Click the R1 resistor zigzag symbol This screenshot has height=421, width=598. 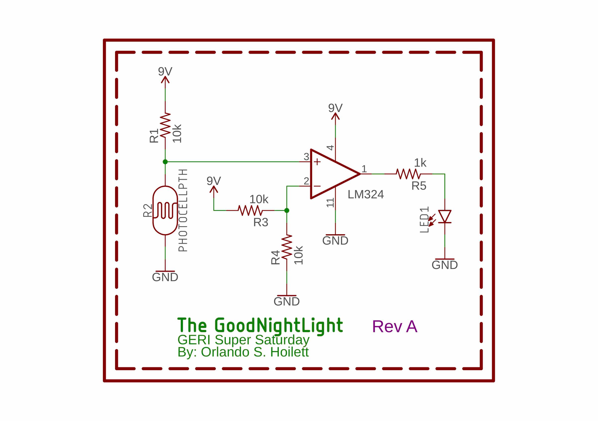click(165, 125)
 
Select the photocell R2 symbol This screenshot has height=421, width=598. click(165, 210)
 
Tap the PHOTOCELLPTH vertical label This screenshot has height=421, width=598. click(183, 210)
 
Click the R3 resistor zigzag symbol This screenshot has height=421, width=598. click(250, 210)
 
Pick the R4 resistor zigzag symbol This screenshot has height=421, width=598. click(287, 247)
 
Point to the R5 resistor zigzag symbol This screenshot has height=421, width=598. click(408, 174)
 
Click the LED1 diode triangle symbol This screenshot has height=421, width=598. click(445, 216)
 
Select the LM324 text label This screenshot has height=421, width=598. click(366, 195)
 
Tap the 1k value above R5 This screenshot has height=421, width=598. click(420, 163)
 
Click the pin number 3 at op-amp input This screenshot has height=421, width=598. click(306, 157)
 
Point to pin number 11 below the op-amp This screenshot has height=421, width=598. click(330, 203)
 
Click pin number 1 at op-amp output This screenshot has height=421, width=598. click(364, 169)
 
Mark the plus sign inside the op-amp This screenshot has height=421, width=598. click(317, 162)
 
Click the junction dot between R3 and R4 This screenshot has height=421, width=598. click(287, 210)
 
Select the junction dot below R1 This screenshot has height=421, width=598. click(165, 162)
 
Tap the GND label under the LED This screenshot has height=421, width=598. click(445, 265)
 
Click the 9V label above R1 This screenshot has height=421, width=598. click(165, 71)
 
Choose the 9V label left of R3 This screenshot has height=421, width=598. click(214, 181)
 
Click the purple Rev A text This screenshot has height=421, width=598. click(395, 326)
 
